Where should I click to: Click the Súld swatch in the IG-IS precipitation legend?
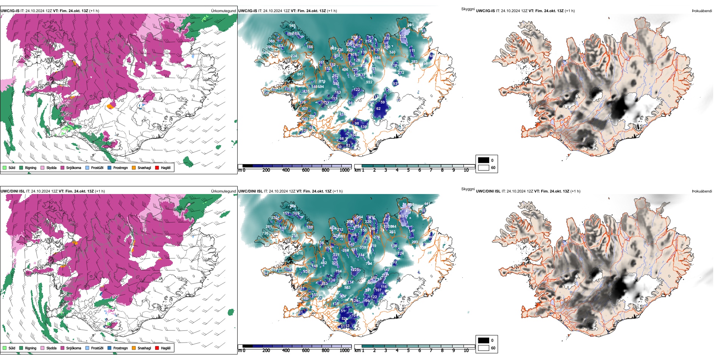point(5,167)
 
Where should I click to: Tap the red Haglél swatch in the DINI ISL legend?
point(157,348)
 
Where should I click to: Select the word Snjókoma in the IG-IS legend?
point(74,167)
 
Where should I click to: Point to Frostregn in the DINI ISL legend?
point(120,348)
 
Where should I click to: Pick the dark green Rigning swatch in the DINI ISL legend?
point(21,348)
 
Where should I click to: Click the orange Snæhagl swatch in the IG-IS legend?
point(134,167)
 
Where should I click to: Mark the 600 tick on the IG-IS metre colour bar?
point(305,170)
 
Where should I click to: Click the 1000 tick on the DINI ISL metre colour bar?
point(344,351)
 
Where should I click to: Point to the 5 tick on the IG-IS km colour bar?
point(408,170)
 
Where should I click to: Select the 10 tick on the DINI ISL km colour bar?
point(466,351)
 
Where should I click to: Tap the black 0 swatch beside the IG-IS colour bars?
point(484,160)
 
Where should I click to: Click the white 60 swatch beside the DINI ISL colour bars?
point(484,348)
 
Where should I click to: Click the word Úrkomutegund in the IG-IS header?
point(223,11)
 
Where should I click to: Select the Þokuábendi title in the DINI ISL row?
point(702,191)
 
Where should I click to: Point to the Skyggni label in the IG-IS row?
point(468,9)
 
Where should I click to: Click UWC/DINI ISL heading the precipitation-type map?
point(13,191)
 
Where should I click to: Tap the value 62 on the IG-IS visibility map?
point(378,109)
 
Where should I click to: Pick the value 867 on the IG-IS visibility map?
point(300,74)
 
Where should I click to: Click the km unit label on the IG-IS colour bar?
point(357,170)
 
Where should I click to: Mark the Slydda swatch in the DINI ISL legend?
point(42,348)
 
